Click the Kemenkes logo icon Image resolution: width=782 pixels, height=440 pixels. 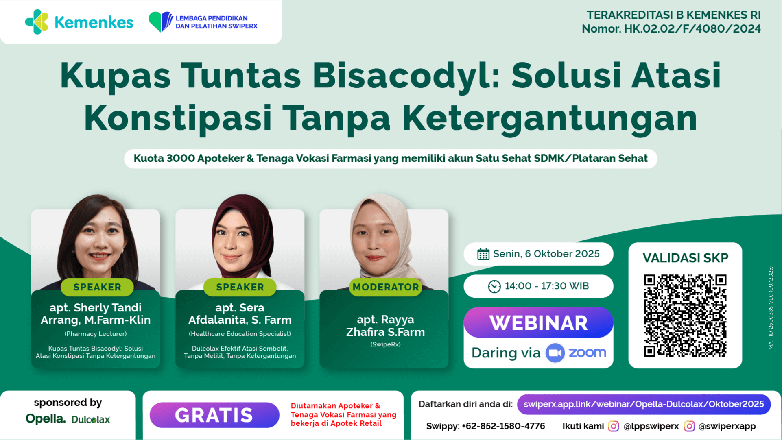click(x=37, y=22)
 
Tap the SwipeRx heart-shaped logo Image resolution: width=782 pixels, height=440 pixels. click(x=161, y=22)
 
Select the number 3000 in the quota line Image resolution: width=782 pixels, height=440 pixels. click(x=180, y=158)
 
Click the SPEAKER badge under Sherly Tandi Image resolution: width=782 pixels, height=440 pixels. click(x=97, y=287)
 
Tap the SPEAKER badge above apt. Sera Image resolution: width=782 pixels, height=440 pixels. click(x=240, y=287)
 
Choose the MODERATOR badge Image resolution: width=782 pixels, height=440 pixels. click(x=386, y=287)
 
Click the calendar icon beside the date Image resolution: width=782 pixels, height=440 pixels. click(x=483, y=254)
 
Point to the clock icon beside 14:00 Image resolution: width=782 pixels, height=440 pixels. click(x=494, y=286)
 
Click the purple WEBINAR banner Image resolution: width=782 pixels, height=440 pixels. click(x=538, y=322)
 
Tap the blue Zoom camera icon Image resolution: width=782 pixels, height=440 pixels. click(x=555, y=353)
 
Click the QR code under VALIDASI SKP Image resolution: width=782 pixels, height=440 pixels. click(x=685, y=316)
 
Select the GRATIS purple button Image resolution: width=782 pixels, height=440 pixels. click(x=214, y=415)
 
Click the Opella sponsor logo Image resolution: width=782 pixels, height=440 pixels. click(x=46, y=418)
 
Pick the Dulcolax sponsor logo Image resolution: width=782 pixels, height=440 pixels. click(x=91, y=419)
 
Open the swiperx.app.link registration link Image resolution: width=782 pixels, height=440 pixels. click(x=644, y=404)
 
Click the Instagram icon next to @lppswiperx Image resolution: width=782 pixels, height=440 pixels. click(x=614, y=426)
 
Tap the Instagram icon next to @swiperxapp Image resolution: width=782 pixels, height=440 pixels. click(x=689, y=426)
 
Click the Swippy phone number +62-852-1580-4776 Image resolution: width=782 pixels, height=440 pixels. click(x=503, y=426)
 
